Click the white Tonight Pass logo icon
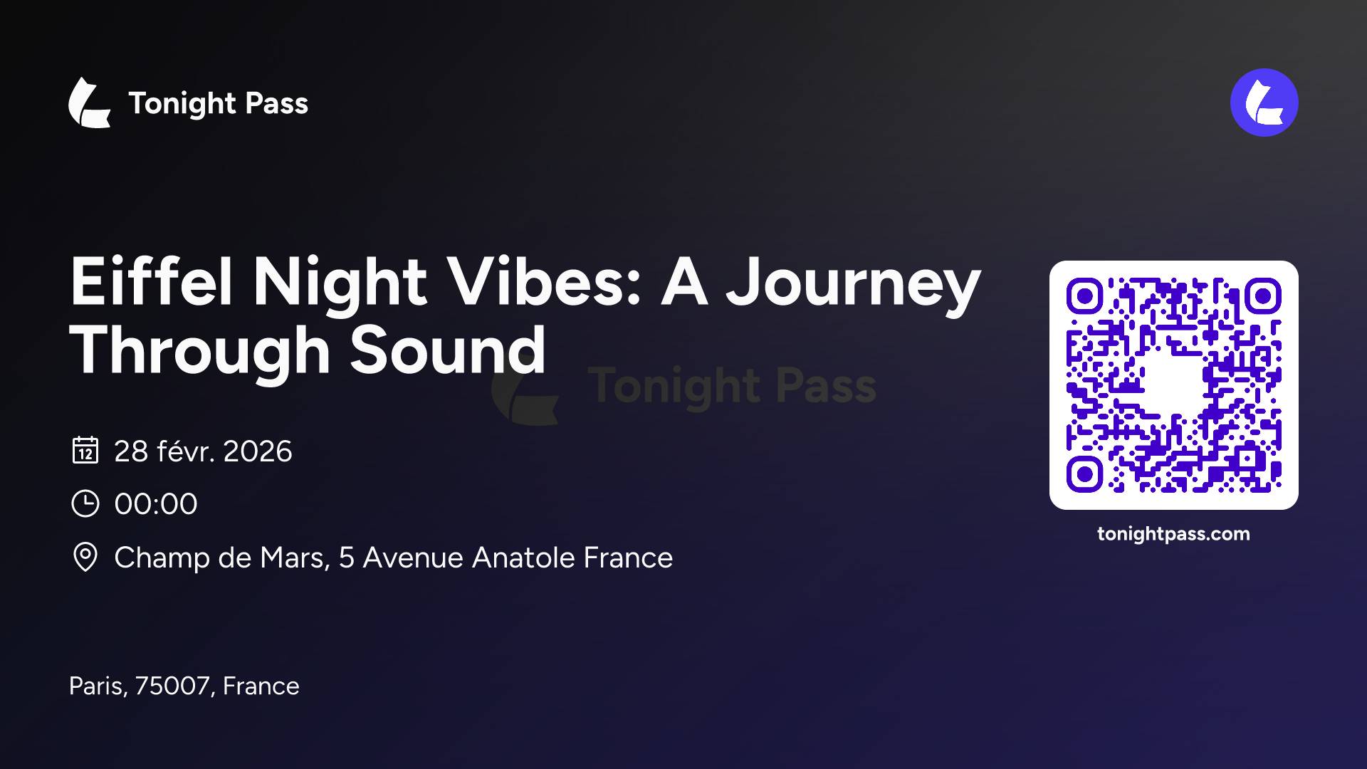(90, 103)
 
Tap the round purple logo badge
(1264, 103)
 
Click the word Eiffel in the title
(151, 282)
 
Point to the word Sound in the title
(448, 350)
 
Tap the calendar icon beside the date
(85, 450)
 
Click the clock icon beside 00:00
(85, 503)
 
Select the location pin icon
(85, 557)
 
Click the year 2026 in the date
(257, 451)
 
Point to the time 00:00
(156, 504)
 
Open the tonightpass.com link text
(1173, 534)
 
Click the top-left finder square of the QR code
(1084, 295)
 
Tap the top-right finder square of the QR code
(1263, 295)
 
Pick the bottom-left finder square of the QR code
(1084, 474)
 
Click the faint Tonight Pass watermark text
(731, 387)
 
